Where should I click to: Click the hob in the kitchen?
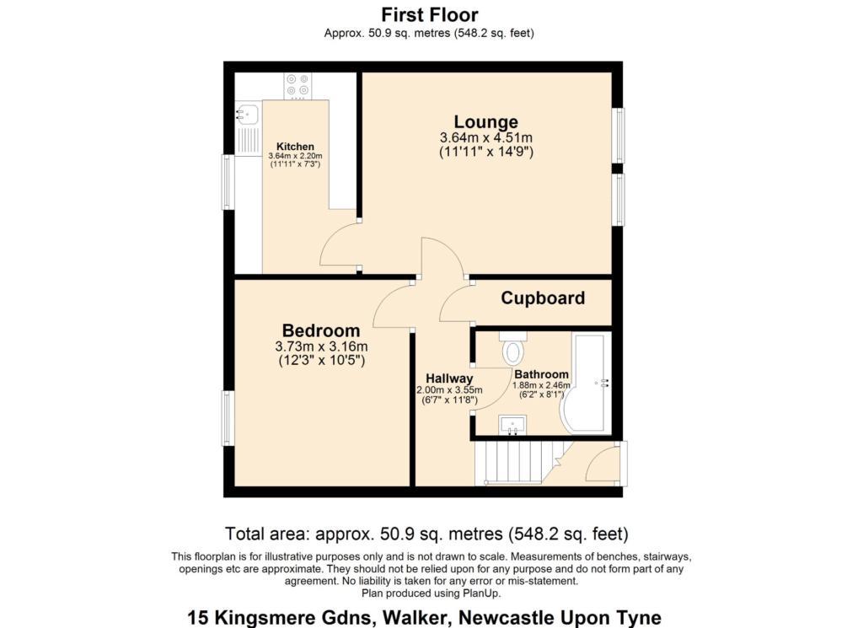[x=297, y=87]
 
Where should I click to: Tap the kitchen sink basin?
[x=248, y=114]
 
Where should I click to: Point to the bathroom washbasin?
[x=512, y=425]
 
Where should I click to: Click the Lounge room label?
[x=486, y=121]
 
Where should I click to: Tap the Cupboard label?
[x=543, y=298]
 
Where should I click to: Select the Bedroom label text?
[x=321, y=330]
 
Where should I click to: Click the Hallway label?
[x=449, y=378]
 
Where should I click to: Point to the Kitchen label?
[x=295, y=147]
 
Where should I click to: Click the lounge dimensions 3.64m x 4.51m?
[x=486, y=137]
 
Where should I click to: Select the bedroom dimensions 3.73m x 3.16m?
[x=321, y=346]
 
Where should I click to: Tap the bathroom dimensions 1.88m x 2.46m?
[x=542, y=386]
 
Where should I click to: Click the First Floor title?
[x=430, y=14]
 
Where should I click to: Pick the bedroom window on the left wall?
[x=228, y=418]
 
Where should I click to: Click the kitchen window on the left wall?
[x=228, y=182]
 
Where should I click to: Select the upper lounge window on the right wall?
[x=619, y=136]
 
